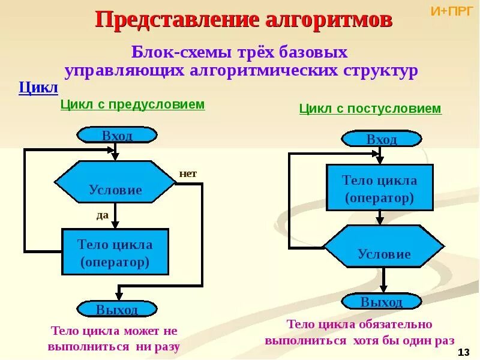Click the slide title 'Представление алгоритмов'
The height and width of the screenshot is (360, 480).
point(244,20)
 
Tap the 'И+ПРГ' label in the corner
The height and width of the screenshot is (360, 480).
point(452,10)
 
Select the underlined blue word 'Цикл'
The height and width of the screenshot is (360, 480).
point(38,88)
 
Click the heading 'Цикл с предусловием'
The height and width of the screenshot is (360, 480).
point(133,104)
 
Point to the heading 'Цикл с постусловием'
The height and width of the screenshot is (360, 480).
point(370,109)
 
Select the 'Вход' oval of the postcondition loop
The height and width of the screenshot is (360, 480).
point(382,139)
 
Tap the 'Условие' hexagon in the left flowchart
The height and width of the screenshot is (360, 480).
point(115,182)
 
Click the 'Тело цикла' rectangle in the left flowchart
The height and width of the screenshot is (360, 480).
point(115,252)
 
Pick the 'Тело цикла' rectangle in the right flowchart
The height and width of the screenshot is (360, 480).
point(379,188)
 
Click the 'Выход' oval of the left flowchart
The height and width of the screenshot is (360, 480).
point(117,309)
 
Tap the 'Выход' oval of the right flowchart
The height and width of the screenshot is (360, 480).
point(382,301)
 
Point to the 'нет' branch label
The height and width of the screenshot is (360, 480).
point(188,174)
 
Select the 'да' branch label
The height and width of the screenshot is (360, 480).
point(102,215)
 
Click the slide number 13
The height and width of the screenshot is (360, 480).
point(463,352)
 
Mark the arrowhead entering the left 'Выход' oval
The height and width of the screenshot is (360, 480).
point(119,296)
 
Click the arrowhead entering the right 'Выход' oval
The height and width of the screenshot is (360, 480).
point(384,289)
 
